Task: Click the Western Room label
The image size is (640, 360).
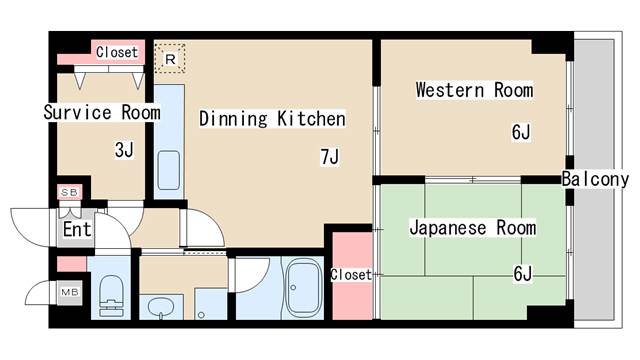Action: (474, 91)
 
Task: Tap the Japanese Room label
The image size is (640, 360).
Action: (472, 228)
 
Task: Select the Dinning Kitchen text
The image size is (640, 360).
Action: (272, 119)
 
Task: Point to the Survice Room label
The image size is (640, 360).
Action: (101, 112)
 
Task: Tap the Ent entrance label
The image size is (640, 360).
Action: (77, 229)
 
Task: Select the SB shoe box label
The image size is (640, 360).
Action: (70, 192)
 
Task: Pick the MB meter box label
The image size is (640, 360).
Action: (70, 292)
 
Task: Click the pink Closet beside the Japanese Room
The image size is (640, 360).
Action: (350, 274)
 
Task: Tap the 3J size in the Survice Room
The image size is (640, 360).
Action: (123, 151)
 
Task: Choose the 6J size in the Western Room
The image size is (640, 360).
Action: (521, 131)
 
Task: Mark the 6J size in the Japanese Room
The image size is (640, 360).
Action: (522, 273)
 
